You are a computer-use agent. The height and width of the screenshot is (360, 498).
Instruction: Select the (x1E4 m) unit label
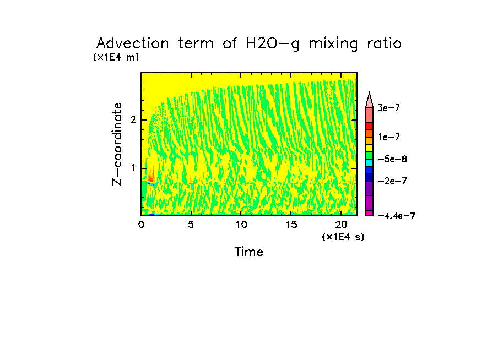coord(116,57)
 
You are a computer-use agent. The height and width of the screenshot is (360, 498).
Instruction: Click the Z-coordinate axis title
coord(117,144)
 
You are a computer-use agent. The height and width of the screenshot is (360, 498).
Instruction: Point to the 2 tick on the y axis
coord(133,120)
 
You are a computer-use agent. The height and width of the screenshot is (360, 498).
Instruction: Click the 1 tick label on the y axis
coord(133,168)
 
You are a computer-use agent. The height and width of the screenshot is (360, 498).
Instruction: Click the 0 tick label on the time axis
coord(141,225)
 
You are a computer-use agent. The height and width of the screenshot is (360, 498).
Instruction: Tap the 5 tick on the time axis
coord(191,225)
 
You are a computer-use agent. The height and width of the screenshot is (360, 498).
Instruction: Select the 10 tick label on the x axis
coord(241,225)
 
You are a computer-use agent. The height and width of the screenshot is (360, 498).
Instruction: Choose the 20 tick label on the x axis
coord(340,225)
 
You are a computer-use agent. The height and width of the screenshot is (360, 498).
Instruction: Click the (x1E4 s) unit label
coord(343,237)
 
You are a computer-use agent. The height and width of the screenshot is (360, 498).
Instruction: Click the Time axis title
coord(249,252)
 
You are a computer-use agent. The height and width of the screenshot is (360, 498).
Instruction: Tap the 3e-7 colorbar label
coord(388,108)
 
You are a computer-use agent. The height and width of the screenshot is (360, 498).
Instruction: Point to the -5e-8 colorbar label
coord(391,159)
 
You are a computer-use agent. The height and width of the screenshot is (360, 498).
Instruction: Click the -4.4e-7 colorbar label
coord(396,216)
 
